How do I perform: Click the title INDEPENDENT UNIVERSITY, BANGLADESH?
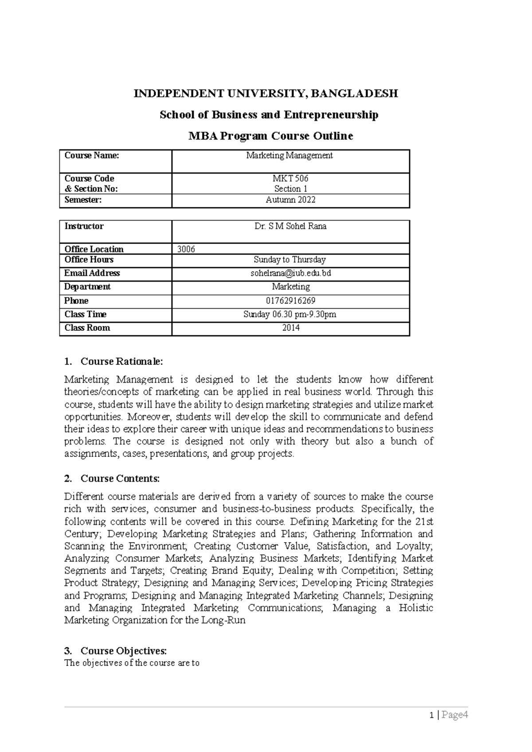[266, 94]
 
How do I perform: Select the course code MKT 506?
[290, 178]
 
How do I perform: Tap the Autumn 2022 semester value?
[290, 200]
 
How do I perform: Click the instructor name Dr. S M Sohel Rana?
[290, 226]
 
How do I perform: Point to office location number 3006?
[186, 249]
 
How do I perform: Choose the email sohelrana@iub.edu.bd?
[290, 273]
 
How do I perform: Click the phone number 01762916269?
[290, 301]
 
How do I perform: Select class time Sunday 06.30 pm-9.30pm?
[290, 314]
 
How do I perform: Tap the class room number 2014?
[290, 328]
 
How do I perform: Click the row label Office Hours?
[89, 260]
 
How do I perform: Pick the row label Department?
[87, 287]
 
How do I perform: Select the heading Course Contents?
[120, 478]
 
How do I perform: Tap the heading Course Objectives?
[123, 651]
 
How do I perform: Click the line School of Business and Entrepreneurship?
[269, 115]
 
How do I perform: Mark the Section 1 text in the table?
[290, 189]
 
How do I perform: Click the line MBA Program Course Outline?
[271, 136]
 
